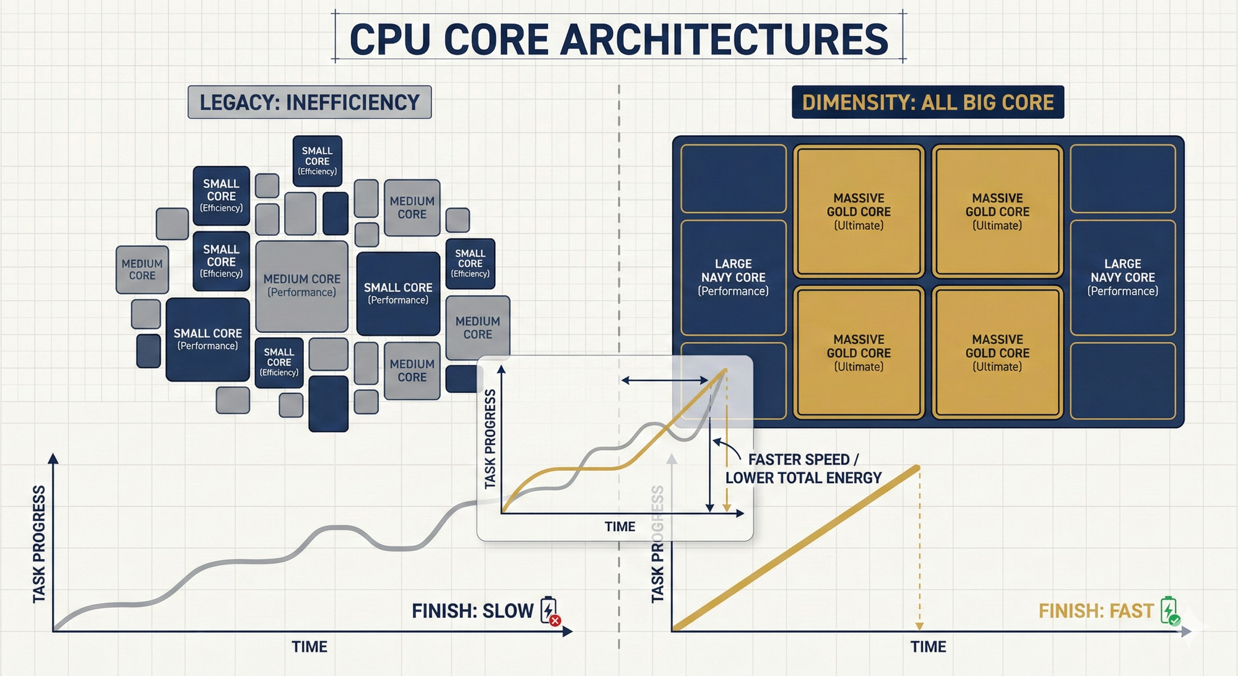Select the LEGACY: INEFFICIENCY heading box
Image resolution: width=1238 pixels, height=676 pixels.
(x=309, y=102)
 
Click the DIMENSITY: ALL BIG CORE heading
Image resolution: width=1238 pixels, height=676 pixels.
(x=927, y=102)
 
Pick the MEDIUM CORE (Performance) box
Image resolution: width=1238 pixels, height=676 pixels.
(x=301, y=286)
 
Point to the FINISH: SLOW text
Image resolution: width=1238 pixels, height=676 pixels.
(x=472, y=611)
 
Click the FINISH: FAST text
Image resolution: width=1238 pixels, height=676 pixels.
(x=1096, y=611)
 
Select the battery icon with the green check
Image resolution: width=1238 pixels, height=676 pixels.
(x=1169, y=611)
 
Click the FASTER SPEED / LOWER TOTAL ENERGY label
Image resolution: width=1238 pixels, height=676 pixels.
(x=803, y=468)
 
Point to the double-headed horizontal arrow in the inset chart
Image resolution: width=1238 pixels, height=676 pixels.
(x=665, y=380)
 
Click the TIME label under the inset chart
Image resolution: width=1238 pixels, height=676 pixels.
(x=620, y=527)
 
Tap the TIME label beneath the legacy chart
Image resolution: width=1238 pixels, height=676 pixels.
(x=309, y=647)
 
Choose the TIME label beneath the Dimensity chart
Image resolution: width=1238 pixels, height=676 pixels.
(x=928, y=647)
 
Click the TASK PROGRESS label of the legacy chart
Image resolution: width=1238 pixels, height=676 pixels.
(x=39, y=543)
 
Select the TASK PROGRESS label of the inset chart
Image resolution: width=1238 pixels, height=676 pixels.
(x=490, y=439)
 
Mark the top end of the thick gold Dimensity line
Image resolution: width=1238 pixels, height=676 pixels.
(x=917, y=468)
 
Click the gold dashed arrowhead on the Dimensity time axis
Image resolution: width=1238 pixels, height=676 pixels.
(x=919, y=626)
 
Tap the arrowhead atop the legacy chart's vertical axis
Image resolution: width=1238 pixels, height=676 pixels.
(x=53, y=459)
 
